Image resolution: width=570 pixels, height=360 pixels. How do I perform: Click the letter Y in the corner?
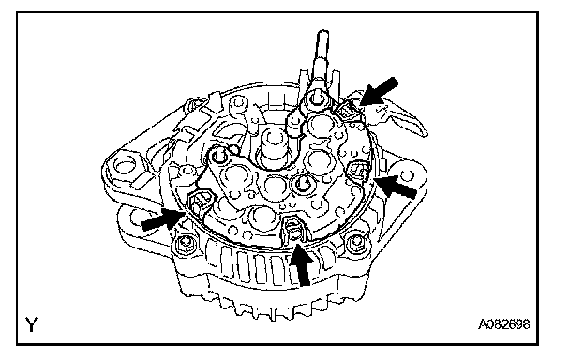click(x=32, y=324)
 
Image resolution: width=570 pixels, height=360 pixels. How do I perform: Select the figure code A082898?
click(x=503, y=324)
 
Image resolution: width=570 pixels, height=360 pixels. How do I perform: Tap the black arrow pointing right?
click(x=162, y=220)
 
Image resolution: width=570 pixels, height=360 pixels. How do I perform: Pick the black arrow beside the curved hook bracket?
click(x=380, y=91)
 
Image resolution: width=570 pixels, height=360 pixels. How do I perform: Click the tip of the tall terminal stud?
click(x=323, y=34)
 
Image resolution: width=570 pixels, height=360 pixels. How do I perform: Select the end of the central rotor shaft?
click(x=273, y=138)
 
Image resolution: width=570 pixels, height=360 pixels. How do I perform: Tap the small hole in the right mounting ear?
click(x=408, y=176)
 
